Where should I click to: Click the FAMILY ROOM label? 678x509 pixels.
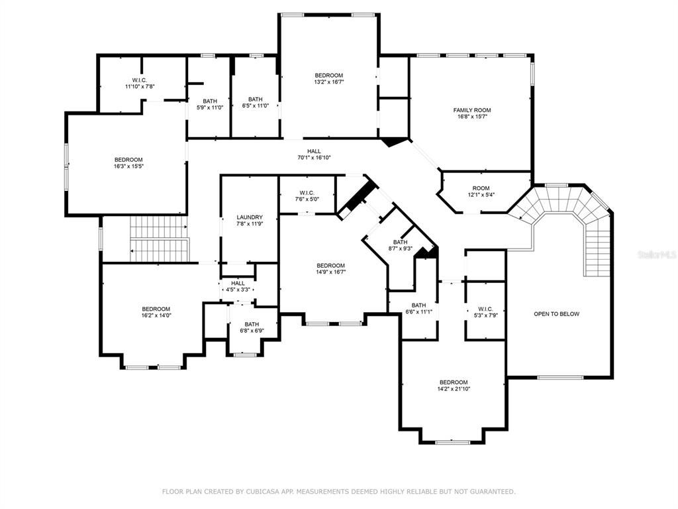[x=472, y=110]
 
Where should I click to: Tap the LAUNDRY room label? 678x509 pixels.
[x=250, y=217]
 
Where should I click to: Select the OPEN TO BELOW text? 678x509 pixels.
[x=556, y=313]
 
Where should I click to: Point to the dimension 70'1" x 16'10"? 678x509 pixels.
[x=314, y=158]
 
